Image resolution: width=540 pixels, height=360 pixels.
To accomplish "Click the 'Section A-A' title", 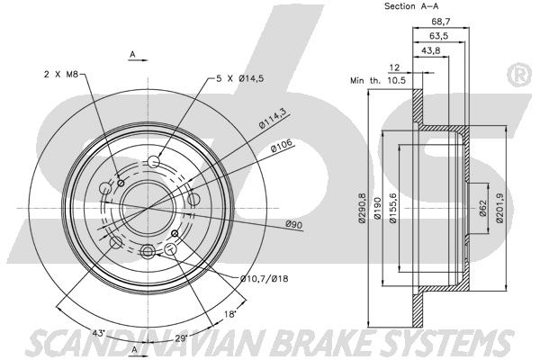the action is point(411,6).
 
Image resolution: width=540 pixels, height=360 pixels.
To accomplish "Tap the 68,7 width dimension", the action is point(441,22).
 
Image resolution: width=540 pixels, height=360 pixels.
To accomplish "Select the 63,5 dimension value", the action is point(438,36).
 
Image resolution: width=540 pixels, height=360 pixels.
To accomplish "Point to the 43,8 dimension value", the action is point(431,50).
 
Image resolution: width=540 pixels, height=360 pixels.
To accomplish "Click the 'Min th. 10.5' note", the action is point(378,81).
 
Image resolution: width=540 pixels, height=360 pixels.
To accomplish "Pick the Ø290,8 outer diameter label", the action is point(362,208).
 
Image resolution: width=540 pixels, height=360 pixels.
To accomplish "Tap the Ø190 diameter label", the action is point(377,208).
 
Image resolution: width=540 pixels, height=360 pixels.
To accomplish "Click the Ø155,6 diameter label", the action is point(393,208).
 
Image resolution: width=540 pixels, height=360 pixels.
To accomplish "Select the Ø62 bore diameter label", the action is point(482,208).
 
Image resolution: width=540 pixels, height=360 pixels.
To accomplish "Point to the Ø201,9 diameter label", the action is point(499,208).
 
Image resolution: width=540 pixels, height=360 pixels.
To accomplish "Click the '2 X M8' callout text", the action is point(61,74).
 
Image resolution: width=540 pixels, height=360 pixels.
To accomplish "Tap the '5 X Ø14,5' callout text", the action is point(239,78).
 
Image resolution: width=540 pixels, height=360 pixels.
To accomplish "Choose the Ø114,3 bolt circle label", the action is point(274,120).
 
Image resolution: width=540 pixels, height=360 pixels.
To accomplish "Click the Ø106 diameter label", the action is point(282,146).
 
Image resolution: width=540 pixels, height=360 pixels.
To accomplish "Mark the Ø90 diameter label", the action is point(293,224).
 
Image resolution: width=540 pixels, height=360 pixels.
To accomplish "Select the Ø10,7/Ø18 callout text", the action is point(264,278).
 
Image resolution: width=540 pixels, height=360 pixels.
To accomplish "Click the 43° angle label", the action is point(98,333).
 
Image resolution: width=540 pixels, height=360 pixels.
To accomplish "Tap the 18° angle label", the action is point(230,314).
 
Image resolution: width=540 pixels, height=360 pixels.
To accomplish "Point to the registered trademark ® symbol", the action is point(519,76).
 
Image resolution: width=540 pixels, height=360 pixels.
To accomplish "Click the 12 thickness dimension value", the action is point(394,67).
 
